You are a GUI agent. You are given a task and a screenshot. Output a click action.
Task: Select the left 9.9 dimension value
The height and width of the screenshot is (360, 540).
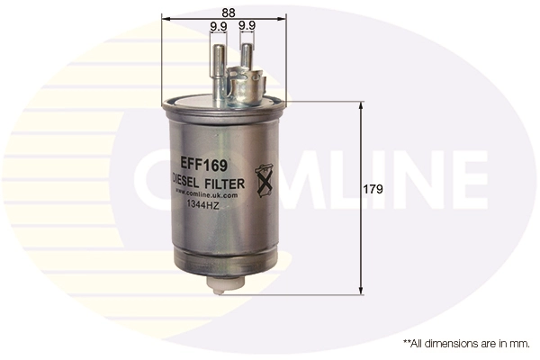pyautogui.click(x=218, y=27)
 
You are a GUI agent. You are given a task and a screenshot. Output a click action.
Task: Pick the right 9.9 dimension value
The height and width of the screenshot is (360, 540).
pyautogui.click(x=247, y=27)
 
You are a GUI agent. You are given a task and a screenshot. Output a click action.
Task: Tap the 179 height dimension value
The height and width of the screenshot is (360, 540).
pyautogui.click(x=373, y=190)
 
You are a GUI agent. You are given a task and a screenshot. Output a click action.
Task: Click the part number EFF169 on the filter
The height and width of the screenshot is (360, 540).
pyautogui.click(x=203, y=165)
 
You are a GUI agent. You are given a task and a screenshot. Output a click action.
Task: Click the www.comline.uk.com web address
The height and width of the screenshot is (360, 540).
pyautogui.click(x=206, y=193)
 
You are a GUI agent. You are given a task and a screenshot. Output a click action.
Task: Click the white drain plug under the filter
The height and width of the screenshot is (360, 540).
pyautogui.click(x=223, y=283)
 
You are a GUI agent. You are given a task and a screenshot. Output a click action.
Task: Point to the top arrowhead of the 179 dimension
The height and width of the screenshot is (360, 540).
pyautogui.click(x=361, y=105)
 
